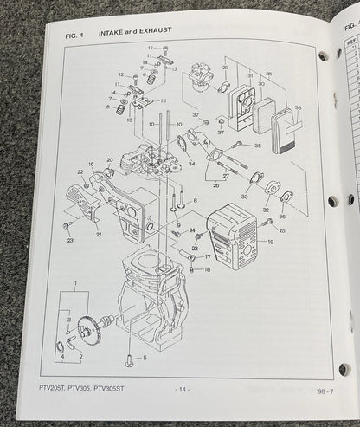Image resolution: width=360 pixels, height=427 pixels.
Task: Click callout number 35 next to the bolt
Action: pyautogui.click(x=257, y=146)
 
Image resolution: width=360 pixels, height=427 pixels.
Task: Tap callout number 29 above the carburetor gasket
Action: pyautogui.click(x=225, y=68)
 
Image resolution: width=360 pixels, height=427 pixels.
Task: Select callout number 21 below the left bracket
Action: pyautogui.click(x=98, y=235)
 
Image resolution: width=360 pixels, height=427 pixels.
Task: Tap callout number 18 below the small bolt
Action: pyautogui.click(x=207, y=270)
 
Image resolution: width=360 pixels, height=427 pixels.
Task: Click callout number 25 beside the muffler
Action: pyautogui.click(x=282, y=221)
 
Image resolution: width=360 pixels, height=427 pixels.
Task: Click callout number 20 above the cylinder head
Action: pyautogui.click(x=109, y=159)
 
